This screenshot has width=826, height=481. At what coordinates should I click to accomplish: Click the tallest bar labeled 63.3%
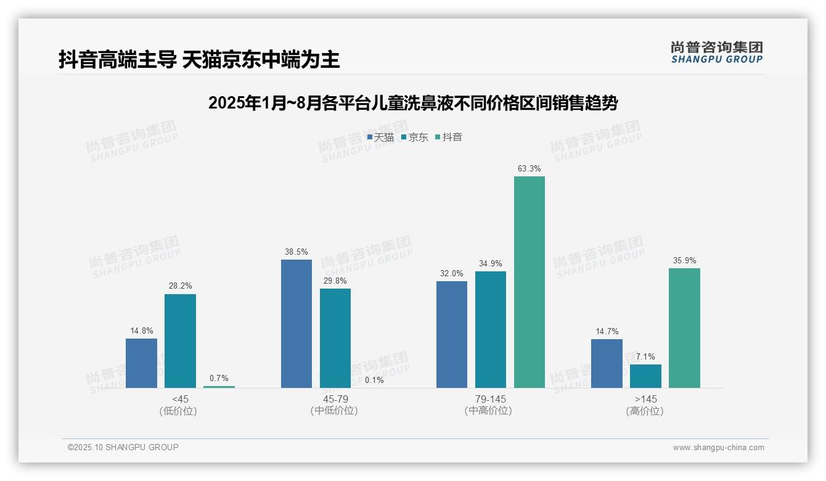(x=530, y=282)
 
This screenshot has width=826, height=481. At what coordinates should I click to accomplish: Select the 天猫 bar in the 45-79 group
(x=296, y=324)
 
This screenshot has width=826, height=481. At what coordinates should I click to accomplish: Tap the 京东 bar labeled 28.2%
(x=180, y=341)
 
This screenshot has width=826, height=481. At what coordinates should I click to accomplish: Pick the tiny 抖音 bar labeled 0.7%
(x=219, y=387)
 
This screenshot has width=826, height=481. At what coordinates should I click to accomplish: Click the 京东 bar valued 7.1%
(x=645, y=376)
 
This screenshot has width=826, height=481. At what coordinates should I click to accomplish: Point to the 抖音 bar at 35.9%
(x=684, y=328)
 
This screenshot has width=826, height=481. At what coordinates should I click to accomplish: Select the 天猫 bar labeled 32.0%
(x=452, y=335)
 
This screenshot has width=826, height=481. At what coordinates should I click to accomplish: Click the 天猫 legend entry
(x=380, y=138)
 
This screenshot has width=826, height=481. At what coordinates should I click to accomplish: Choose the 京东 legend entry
(x=415, y=138)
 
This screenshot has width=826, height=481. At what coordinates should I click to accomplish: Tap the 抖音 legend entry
(x=449, y=138)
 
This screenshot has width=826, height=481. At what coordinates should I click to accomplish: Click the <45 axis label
(x=180, y=399)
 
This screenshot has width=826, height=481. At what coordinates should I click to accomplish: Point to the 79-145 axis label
(x=490, y=399)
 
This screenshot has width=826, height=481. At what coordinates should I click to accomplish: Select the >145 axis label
(x=645, y=399)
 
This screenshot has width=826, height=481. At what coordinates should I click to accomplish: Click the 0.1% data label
(x=374, y=380)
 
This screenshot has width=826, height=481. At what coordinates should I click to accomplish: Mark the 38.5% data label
(x=296, y=252)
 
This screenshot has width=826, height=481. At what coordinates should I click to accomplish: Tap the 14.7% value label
(x=607, y=331)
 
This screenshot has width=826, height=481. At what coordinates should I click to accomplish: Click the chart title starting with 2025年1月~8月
(x=413, y=103)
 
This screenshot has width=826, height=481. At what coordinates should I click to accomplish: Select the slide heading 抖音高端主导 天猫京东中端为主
(x=199, y=60)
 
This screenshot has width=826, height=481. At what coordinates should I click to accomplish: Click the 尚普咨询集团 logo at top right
(x=716, y=52)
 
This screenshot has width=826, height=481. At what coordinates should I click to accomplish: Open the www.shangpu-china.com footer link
(x=718, y=448)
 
